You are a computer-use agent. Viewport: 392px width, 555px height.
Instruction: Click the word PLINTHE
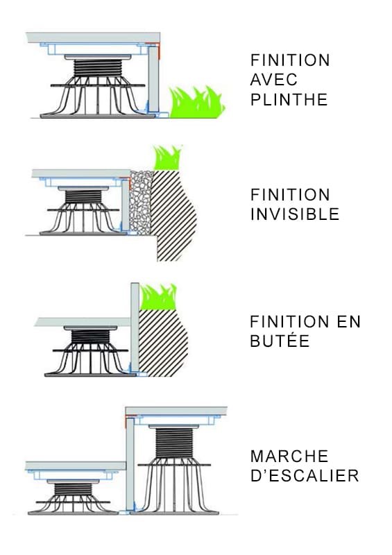(288, 99)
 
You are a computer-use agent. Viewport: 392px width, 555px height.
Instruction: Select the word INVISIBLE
(295, 214)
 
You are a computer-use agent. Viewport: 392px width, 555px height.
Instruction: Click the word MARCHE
(289, 456)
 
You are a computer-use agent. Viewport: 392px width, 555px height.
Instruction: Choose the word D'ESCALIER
(305, 476)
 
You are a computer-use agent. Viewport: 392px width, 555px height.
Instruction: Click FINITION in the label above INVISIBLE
(290, 194)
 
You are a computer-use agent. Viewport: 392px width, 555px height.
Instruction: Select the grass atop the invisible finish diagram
(167, 157)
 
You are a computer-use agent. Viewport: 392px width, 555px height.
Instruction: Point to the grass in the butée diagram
(157, 298)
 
